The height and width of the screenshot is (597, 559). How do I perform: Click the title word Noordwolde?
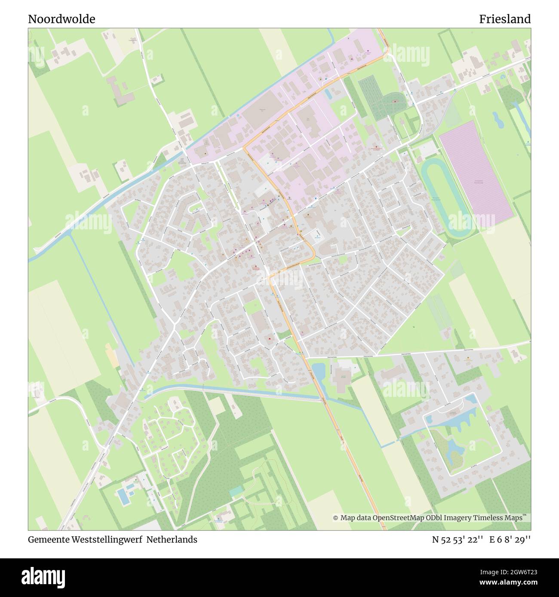click(x=61, y=19)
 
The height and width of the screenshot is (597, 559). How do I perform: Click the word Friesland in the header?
click(x=505, y=19)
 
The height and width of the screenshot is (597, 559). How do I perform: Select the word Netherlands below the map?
click(x=172, y=539)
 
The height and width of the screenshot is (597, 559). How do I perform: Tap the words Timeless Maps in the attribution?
click(x=504, y=518)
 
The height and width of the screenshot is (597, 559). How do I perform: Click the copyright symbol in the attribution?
click(x=335, y=518)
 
